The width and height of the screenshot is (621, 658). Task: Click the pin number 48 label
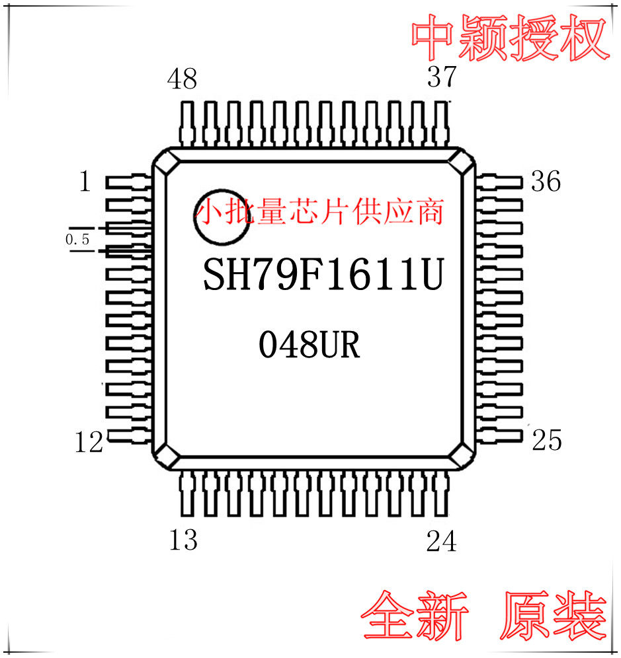(182, 79)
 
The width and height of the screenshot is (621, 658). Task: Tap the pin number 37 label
(442, 77)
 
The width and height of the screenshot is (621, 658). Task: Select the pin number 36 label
(546, 181)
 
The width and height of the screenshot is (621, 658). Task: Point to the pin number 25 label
(546, 440)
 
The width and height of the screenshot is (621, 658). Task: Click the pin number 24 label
(441, 542)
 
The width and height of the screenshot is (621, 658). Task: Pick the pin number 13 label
(183, 540)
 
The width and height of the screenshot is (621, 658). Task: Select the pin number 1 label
(85, 181)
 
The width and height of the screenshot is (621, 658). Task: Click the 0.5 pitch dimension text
(77, 238)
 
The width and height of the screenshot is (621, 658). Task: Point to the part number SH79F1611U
(322, 275)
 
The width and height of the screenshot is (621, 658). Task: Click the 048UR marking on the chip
(309, 346)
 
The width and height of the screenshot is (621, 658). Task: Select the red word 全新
(415, 616)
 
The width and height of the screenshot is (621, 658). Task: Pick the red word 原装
(554, 616)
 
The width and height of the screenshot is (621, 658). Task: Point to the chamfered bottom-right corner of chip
(463, 457)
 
